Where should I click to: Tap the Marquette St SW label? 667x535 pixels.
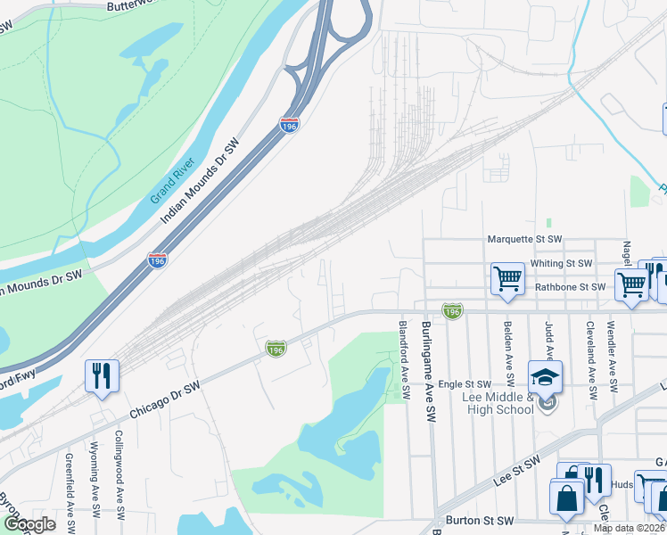coord(524,240)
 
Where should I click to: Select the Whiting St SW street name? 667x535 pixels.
coord(562,264)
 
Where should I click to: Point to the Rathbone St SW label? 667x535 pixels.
coord(570,287)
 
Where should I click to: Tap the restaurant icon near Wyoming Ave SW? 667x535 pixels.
coord(102,375)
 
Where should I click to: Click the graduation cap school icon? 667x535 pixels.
coord(546,376)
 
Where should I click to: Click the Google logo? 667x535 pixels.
coord(29,524)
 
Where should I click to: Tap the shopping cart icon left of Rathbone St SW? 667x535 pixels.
coord(508,279)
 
